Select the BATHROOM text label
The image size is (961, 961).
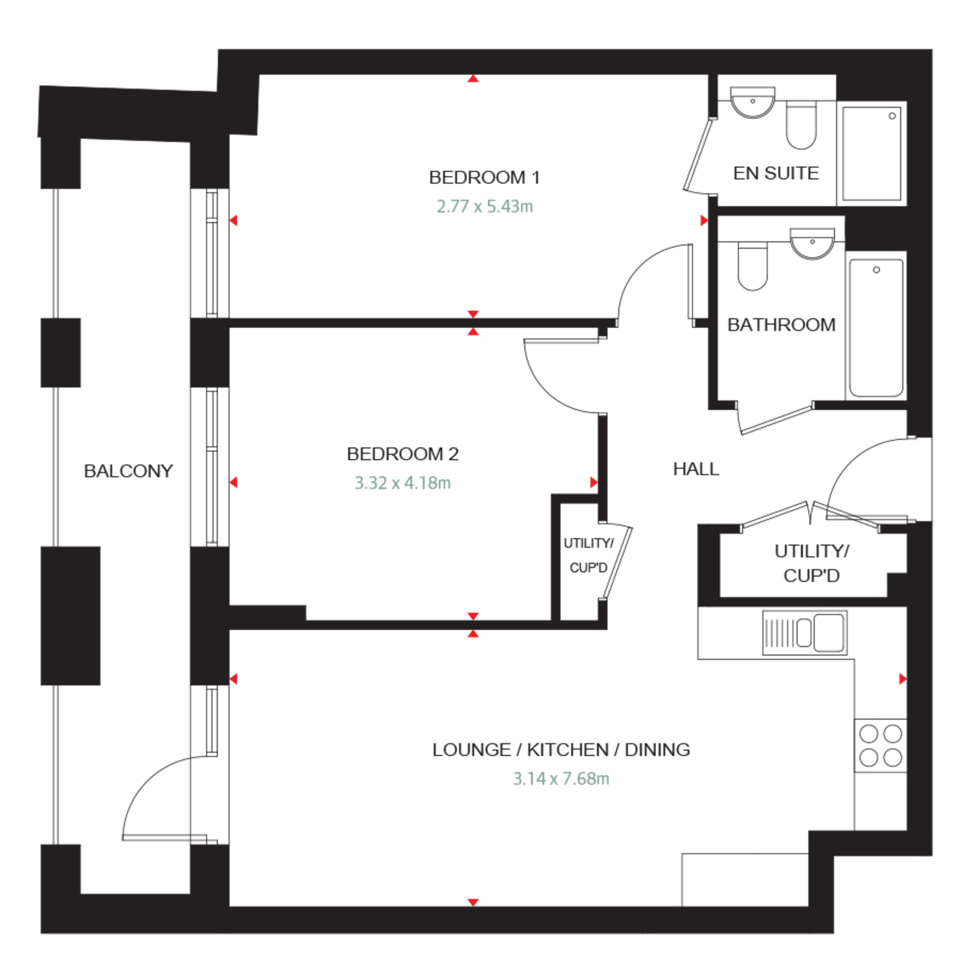781,325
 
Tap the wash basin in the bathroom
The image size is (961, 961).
812,244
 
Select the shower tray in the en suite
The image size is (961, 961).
871,153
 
